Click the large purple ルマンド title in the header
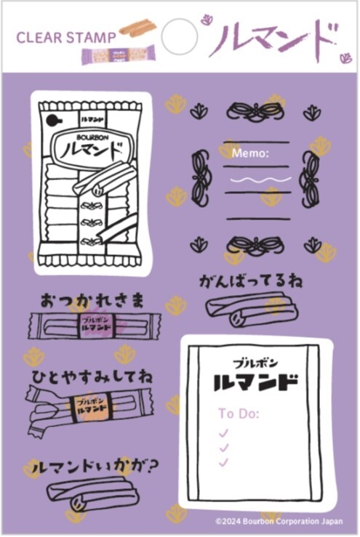(x=273, y=39)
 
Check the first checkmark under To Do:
(x=224, y=432)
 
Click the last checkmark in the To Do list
(x=224, y=462)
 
